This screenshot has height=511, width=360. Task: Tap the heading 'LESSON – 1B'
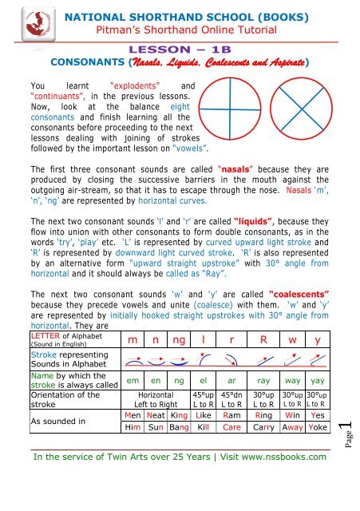coord(179,47)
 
